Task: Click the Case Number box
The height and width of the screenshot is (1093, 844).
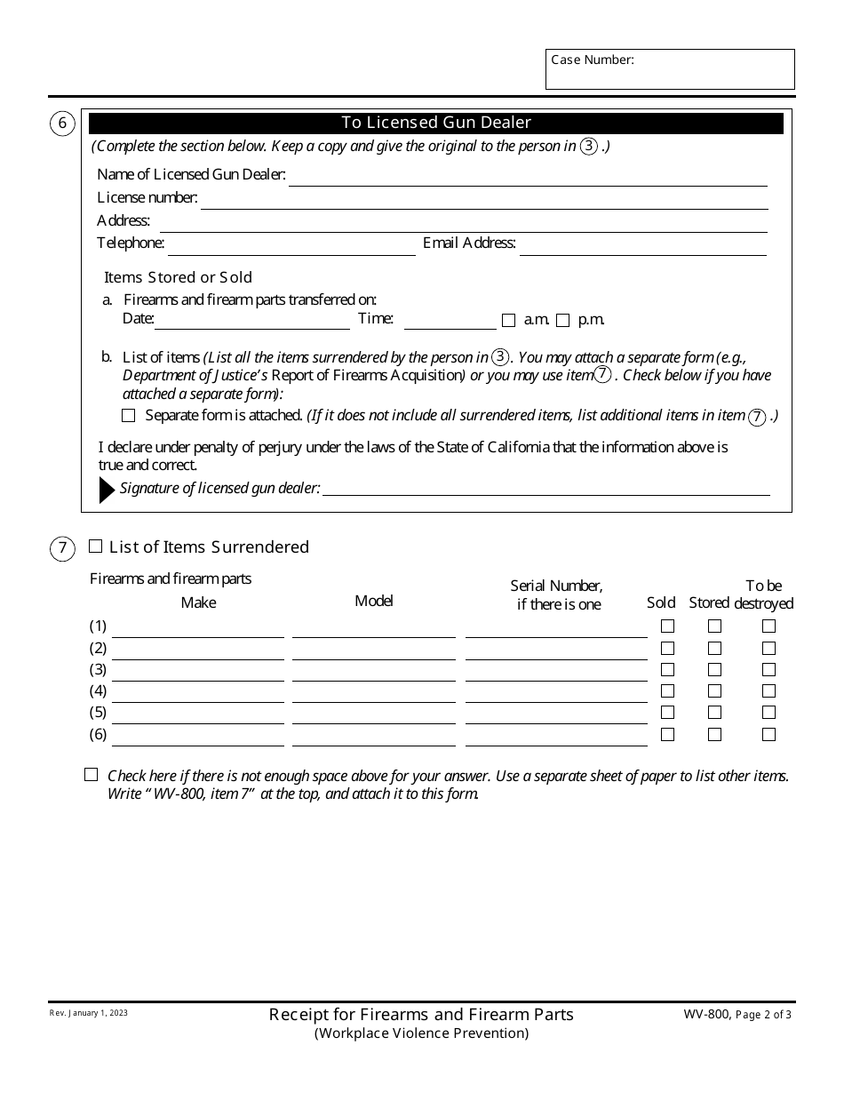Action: [x=670, y=69]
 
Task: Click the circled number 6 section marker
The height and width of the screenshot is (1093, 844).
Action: [x=62, y=124]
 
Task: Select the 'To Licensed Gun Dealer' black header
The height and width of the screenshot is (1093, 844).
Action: [x=436, y=124]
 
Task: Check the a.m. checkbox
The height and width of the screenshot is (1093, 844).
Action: [x=509, y=321]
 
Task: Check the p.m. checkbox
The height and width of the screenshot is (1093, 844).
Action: [x=562, y=321]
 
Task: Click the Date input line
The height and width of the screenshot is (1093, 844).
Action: [x=252, y=321]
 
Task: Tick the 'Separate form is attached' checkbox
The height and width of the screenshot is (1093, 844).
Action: [x=129, y=416]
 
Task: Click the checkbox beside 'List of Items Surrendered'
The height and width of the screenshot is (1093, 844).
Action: [x=96, y=546]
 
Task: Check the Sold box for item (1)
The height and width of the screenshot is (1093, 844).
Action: [x=668, y=626]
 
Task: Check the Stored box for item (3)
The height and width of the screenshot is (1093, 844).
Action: [x=714, y=670]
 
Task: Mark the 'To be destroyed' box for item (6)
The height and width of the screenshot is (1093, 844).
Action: [x=768, y=735]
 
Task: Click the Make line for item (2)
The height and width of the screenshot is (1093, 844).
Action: [x=198, y=650]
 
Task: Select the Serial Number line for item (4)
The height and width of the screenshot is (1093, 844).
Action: [x=556, y=693]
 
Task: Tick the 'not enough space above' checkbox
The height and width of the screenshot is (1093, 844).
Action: [x=91, y=775]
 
